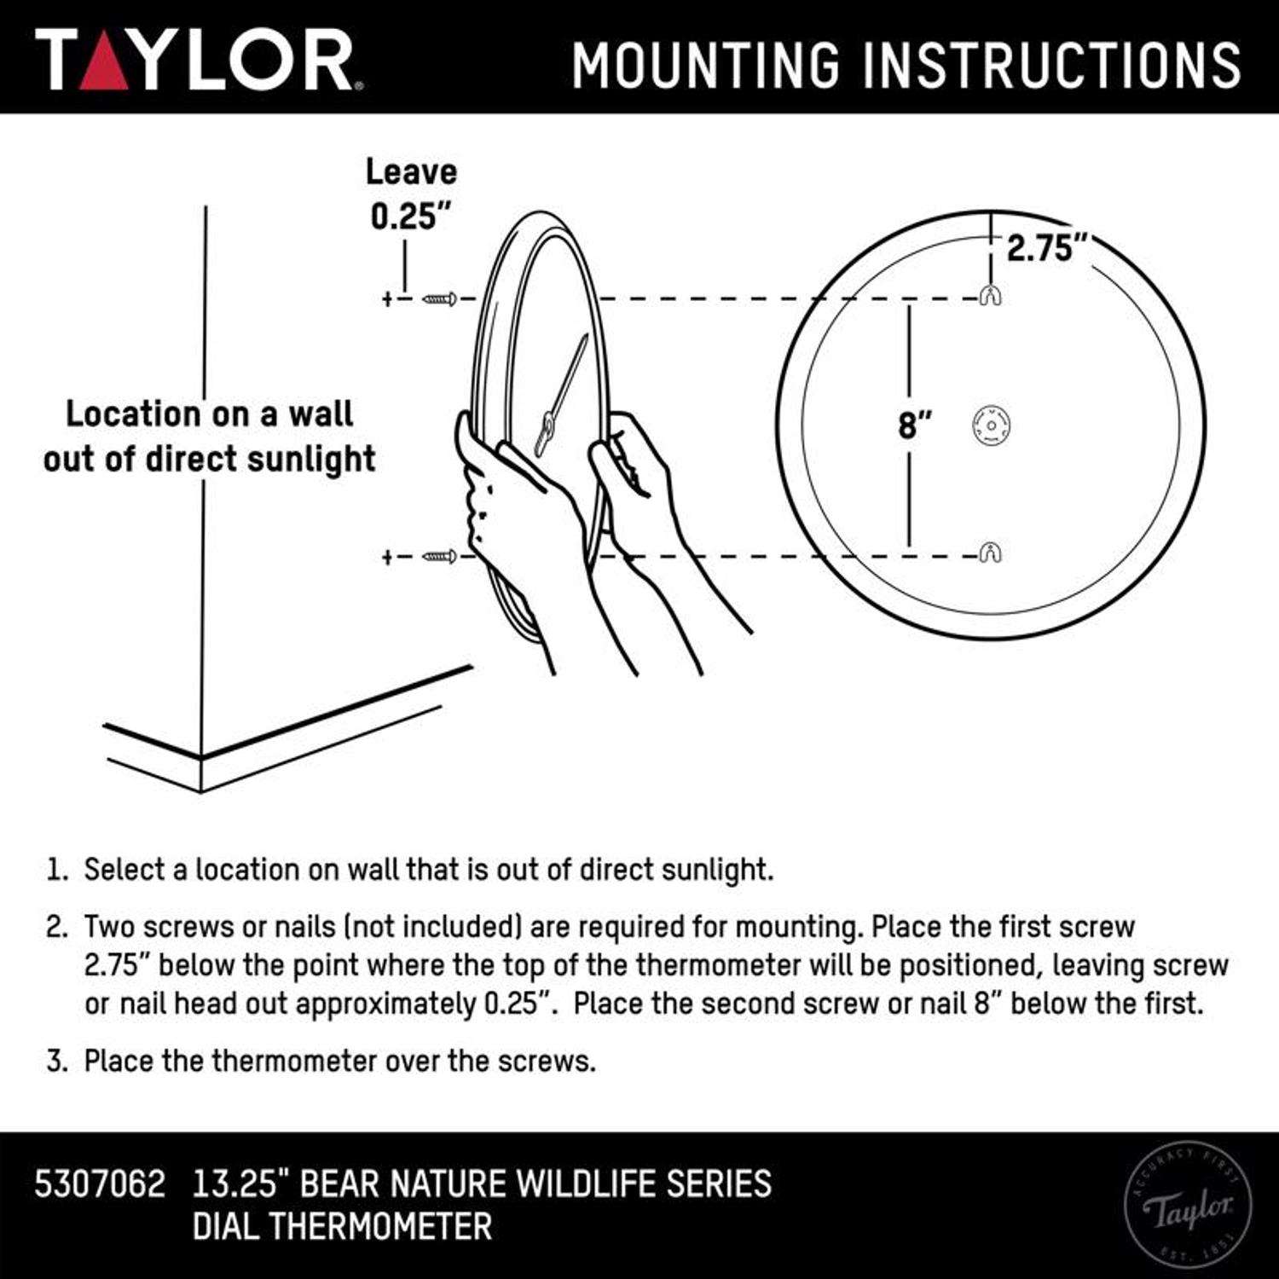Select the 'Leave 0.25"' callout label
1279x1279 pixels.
tap(411, 194)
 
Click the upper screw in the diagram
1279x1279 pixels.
tap(440, 298)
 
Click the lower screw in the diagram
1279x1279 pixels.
tap(440, 557)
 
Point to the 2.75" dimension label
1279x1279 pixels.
tap(1047, 248)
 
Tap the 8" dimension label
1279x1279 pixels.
tap(914, 425)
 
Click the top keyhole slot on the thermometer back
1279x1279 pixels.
tap(990, 295)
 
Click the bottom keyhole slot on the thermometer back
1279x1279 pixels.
tap(990, 553)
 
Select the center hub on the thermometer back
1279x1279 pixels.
tap(991, 424)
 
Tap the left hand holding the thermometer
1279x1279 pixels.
tap(503, 503)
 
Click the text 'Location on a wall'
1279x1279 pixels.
tap(209, 414)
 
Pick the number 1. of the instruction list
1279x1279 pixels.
tap(56, 871)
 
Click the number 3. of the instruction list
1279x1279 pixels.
tap(56, 1062)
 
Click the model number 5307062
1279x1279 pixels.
tap(100, 1184)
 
